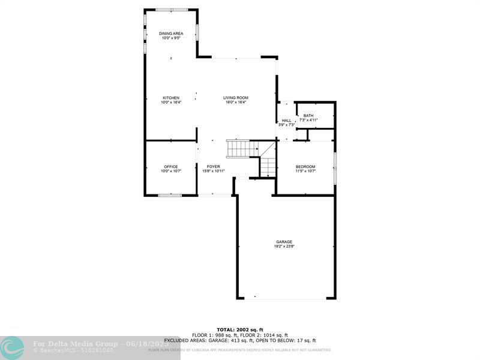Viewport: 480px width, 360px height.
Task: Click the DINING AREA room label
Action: (x=171, y=33)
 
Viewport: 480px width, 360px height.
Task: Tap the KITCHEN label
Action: (x=171, y=98)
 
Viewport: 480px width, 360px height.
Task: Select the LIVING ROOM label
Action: (x=236, y=98)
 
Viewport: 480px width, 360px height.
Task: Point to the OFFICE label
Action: (x=171, y=166)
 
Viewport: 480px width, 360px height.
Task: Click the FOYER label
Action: (x=214, y=166)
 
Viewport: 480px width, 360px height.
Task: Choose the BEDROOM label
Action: (x=305, y=166)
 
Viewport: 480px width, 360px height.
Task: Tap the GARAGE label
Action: (x=284, y=242)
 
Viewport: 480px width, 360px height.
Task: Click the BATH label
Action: (x=308, y=115)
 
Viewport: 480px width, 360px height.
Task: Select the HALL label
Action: (x=286, y=120)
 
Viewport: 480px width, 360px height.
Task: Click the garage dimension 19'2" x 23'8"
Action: (x=284, y=247)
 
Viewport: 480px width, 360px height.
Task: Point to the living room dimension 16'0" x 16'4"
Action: (x=236, y=103)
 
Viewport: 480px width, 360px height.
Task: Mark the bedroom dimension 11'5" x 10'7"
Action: (x=305, y=171)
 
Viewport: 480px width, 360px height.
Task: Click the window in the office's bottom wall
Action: (x=170, y=195)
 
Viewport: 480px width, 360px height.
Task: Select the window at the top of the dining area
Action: (x=171, y=10)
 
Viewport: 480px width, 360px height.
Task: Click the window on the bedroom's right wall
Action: (x=335, y=168)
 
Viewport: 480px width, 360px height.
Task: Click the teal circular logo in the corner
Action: (x=12, y=347)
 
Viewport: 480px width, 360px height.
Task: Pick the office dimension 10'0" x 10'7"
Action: (x=171, y=171)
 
